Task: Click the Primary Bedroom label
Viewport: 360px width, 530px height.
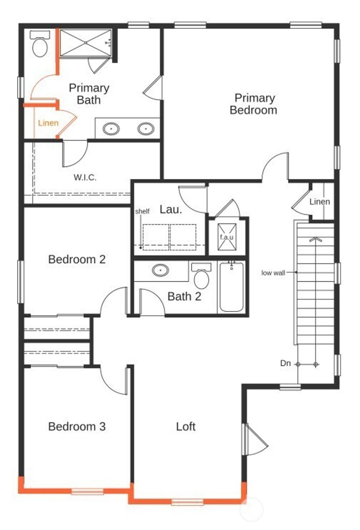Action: (x=253, y=104)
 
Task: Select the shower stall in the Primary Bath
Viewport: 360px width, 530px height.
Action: (x=85, y=43)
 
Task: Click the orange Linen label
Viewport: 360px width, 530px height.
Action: (x=48, y=123)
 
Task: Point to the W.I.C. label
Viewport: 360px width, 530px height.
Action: (x=85, y=177)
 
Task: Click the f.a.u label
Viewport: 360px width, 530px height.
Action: (x=226, y=237)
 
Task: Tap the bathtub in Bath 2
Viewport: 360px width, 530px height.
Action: (x=231, y=287)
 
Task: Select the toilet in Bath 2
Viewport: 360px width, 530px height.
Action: (x=201, y=276)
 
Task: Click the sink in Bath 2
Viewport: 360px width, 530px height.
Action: (x=161, y=270)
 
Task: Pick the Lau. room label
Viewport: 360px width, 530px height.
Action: (x=171, y=209)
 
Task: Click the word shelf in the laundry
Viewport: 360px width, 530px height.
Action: (x=142, y=211)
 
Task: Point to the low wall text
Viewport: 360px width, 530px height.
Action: (x=273, y=273)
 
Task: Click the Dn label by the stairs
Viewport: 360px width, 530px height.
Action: (x=285, y=363)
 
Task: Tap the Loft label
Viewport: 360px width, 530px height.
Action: (x=186, y=427)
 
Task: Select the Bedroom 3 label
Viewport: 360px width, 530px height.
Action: (x=77, y=427)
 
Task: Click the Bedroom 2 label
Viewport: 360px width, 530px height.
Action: (x=77, y=260)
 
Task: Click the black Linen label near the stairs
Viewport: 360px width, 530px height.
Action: (x=320, y=202)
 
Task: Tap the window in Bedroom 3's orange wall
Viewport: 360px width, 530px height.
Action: (x=87, y=491)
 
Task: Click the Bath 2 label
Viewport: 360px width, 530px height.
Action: (x=184, y=296)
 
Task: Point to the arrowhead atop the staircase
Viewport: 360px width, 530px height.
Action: (x=316, y=240)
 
